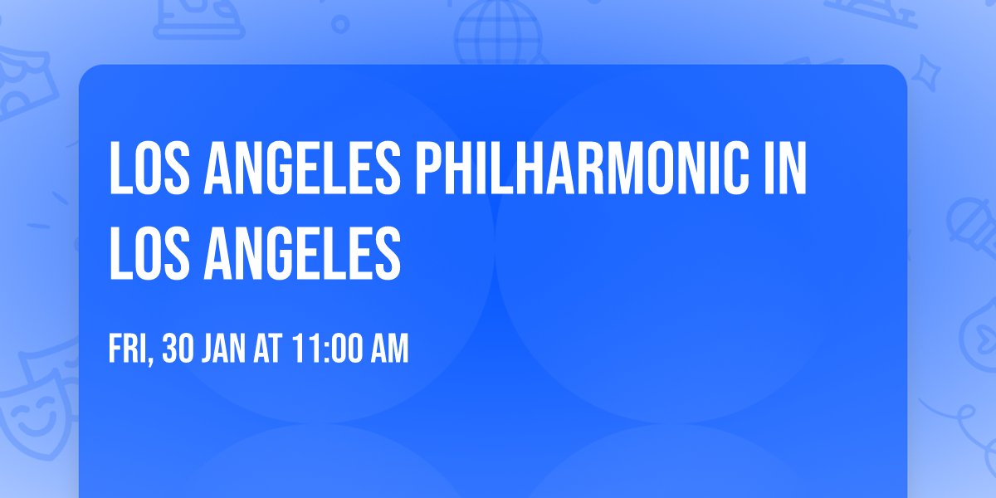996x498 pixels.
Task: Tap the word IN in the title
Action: (784, 169)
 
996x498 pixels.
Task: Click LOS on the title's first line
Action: (150, 169)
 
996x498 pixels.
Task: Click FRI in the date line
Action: (128, 349)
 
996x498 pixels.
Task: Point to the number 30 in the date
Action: (177, 349)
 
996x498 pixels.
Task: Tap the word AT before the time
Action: (269, 349)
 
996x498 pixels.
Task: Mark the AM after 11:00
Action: (387, 349)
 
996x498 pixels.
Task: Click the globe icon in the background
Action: (498, 33)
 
